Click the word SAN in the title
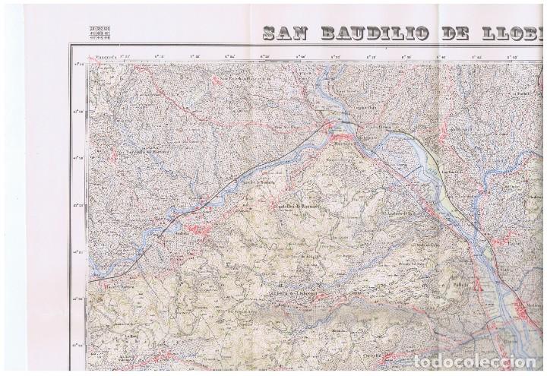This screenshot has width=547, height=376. (x=286, y=33)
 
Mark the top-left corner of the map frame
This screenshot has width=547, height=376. (x=72, y=47)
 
